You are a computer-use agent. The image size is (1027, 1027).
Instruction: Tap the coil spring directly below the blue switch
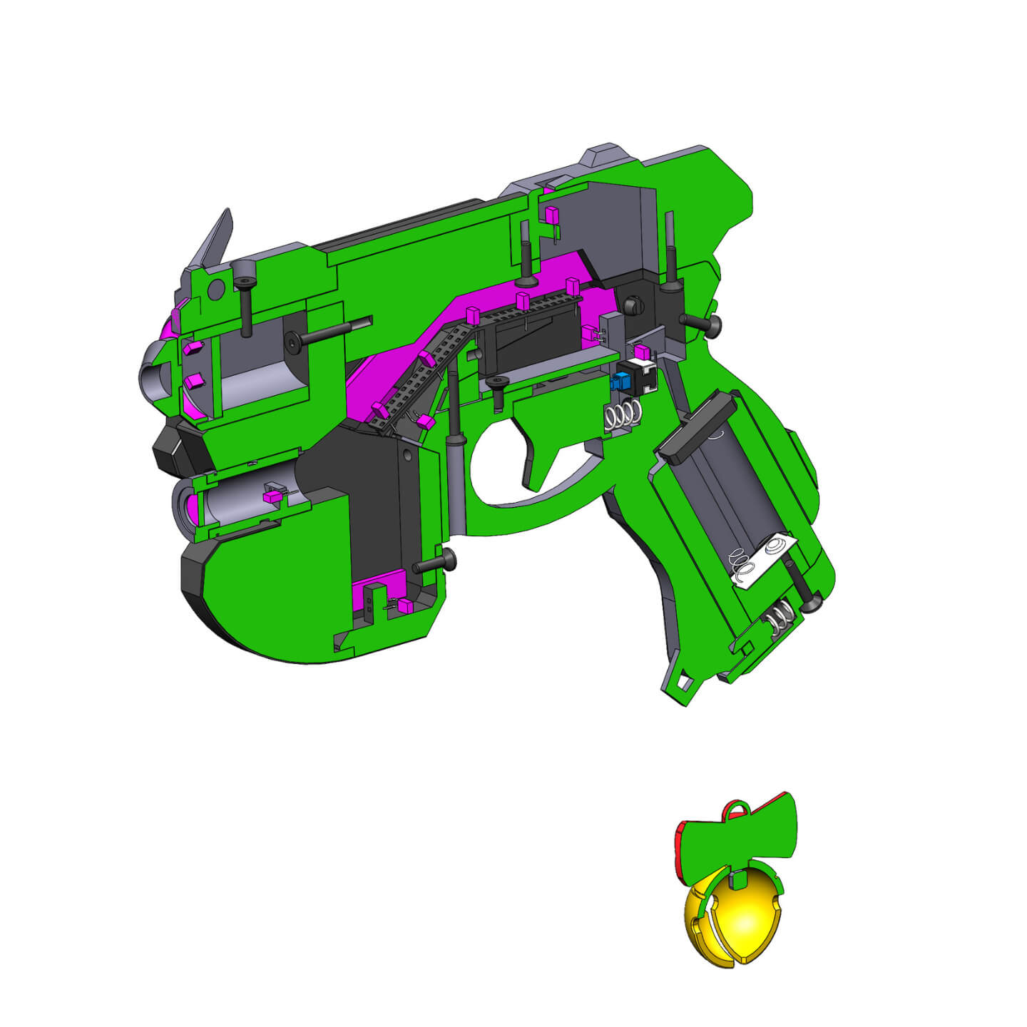point(623,414)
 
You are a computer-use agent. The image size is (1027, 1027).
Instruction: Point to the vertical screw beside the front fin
point(245,300)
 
